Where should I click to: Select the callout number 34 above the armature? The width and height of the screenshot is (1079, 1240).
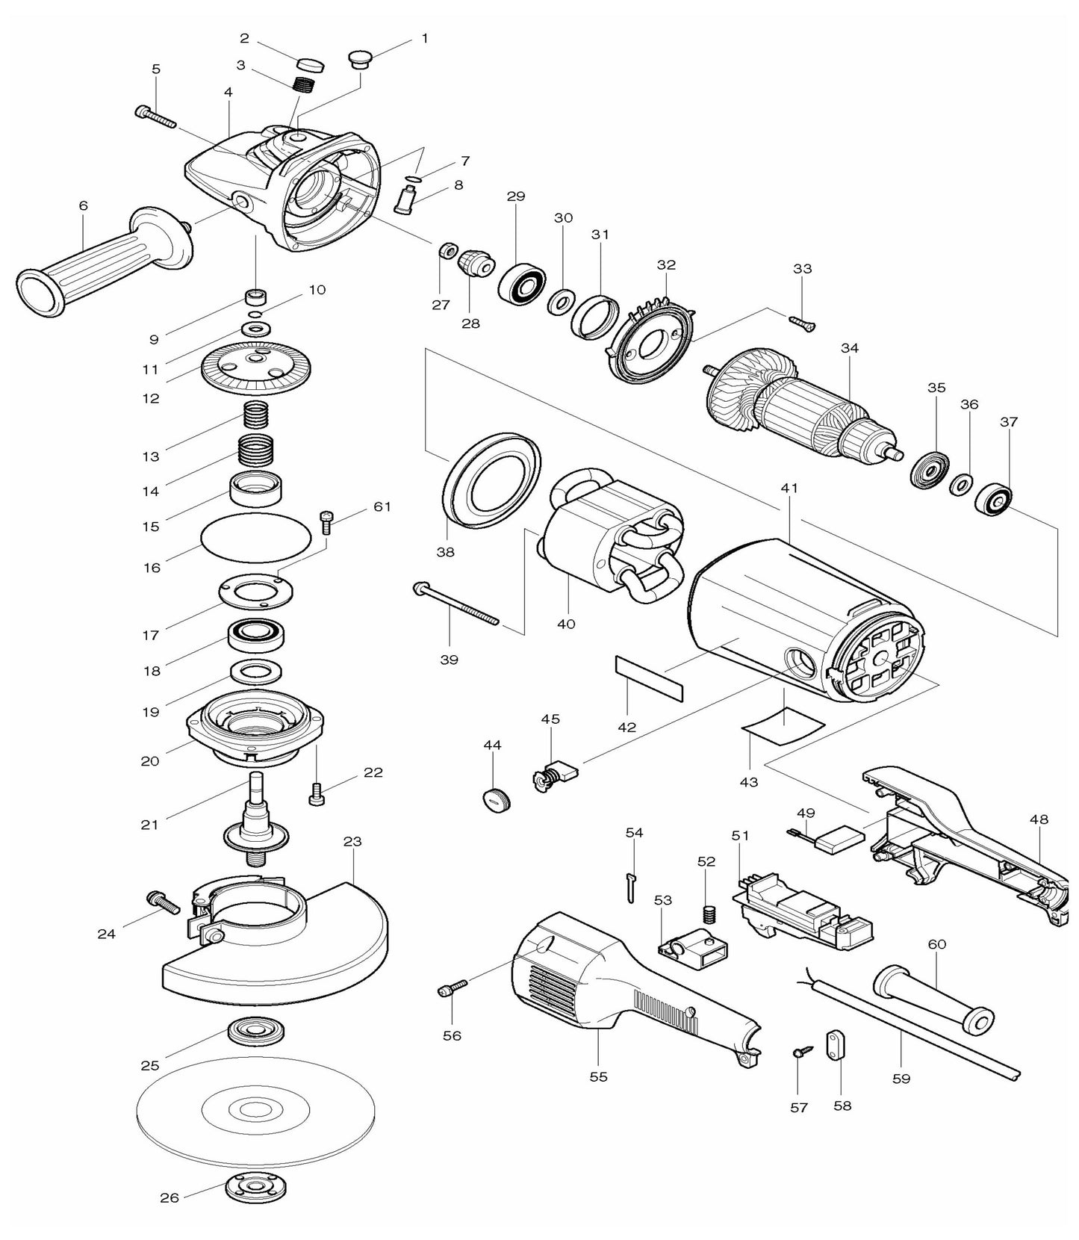point(849,348)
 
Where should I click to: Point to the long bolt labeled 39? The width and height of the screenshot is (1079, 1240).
point(455,604)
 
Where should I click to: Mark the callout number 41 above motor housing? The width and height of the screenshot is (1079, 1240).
point(789,489)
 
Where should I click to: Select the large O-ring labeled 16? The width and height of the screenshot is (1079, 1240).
point(256,537)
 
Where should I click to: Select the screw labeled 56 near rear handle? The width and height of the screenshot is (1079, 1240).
point(453,989)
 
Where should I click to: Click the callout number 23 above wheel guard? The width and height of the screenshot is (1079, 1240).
point(352,841)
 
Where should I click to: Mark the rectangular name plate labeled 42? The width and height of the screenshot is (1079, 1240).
point(649,678)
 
